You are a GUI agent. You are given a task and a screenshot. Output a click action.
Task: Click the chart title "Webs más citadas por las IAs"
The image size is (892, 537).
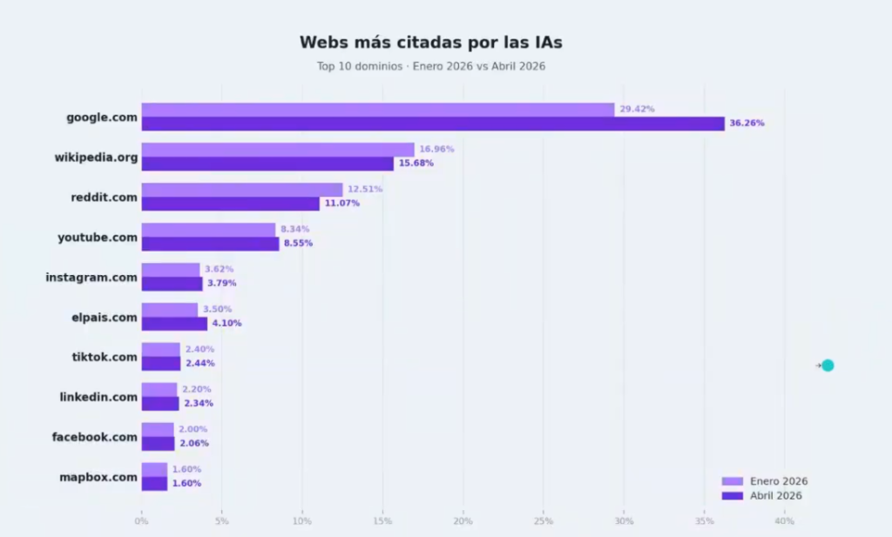[x=430, y=43]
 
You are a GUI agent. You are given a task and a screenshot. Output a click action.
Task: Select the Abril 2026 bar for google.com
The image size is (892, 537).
[x=433, y=124]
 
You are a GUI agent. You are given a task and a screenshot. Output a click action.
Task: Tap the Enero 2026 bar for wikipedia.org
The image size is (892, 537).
[x=278, y=150]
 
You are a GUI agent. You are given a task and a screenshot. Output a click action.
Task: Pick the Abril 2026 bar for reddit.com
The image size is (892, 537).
[x=230, y=204]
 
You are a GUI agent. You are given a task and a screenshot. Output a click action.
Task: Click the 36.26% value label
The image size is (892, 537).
[x=747, y=124]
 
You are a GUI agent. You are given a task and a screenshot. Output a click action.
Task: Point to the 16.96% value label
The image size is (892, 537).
[x=436, y=149]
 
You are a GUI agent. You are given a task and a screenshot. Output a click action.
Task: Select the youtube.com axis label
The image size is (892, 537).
[x=98, y=238]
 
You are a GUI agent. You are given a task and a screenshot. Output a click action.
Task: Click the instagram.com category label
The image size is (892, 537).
[x=91, y=278]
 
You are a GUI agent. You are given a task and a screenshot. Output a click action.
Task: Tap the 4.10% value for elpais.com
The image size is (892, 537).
[x=226, y=324]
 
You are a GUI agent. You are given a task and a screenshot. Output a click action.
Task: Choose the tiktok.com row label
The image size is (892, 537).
[x=105, y=357]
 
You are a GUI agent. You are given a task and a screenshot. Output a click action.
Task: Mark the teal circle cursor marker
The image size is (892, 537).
[x=828, y=366]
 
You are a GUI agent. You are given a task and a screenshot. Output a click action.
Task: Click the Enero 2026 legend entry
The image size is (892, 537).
[x=765, y=481]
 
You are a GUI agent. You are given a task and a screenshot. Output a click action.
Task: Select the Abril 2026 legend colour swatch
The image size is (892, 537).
[x=732, y=495]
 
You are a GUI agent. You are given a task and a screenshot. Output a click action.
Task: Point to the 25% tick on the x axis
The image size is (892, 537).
[x=544, y=521]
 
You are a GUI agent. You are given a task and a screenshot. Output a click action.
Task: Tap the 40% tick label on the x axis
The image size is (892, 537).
[x=785, y=521]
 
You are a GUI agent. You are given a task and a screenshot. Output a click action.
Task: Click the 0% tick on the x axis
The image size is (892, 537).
[x=141, y=521]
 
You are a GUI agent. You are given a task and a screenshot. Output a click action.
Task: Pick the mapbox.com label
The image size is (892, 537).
[x=98, y=477]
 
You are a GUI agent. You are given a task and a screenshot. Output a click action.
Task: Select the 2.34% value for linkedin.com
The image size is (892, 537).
[x=199, y=404]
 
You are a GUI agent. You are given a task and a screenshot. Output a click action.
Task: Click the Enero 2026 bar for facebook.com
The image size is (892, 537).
[x=158, y=430]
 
